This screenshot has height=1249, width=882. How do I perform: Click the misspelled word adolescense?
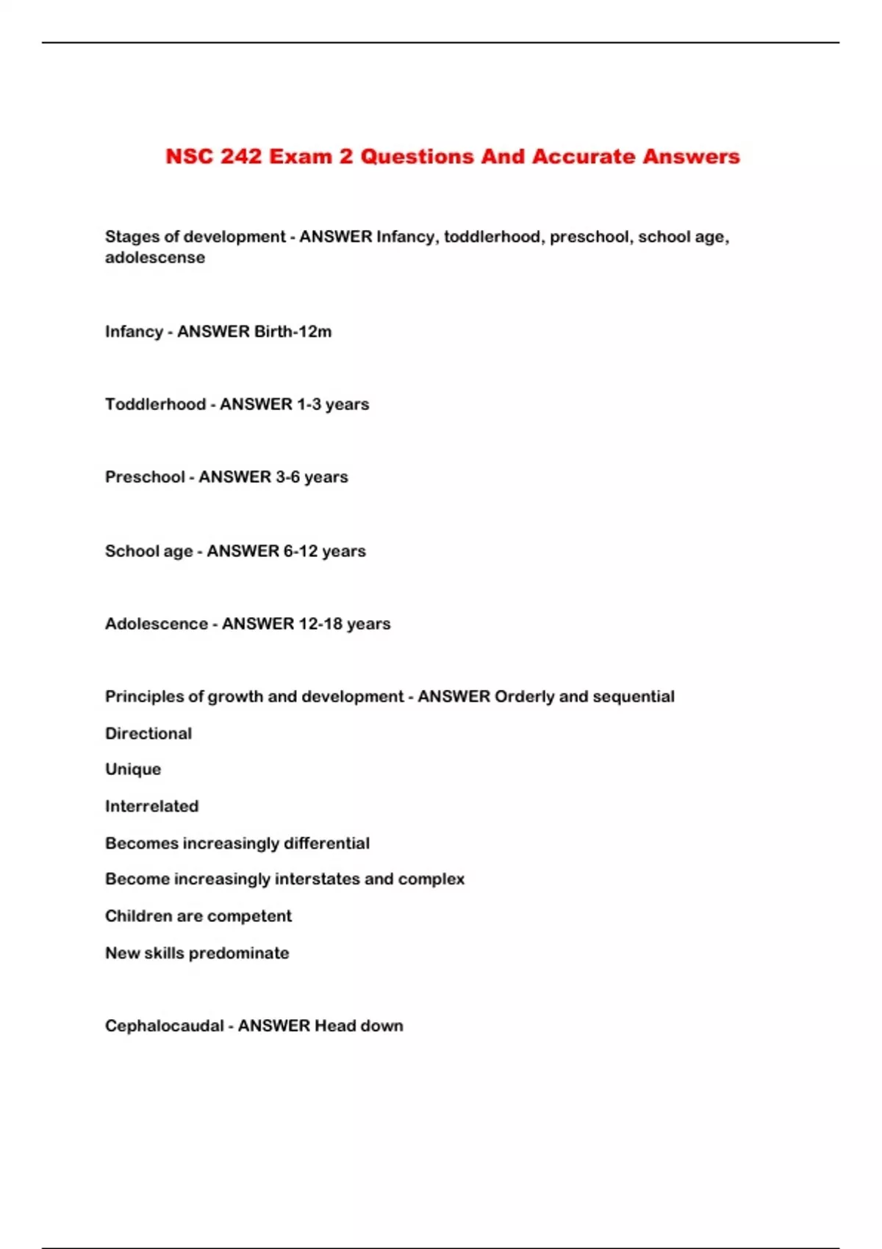click(x=155, y=258)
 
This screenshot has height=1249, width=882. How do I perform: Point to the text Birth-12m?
click(x=293, y=331)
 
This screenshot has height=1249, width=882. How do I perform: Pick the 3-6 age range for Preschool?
click(x=287, y=477)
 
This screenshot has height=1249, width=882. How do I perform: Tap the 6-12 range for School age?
click(x=301, y=551)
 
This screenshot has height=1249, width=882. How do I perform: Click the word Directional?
click(x=148, y=733)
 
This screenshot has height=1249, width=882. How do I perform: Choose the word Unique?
click(x=133, y=769)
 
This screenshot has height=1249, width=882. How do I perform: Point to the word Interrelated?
click(x=152, y=806)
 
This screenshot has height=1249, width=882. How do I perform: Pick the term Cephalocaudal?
click(x=164, y=1026)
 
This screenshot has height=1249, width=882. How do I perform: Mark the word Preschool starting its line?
click(x=145, y=477)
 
